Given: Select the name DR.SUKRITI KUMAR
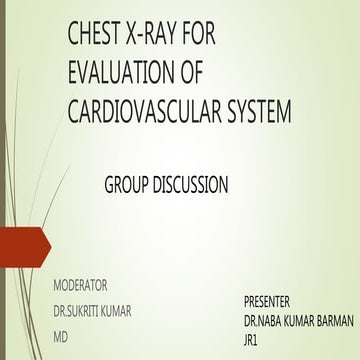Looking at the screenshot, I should (x=92, y=310).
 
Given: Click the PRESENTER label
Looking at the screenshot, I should (x=273, y=300).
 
